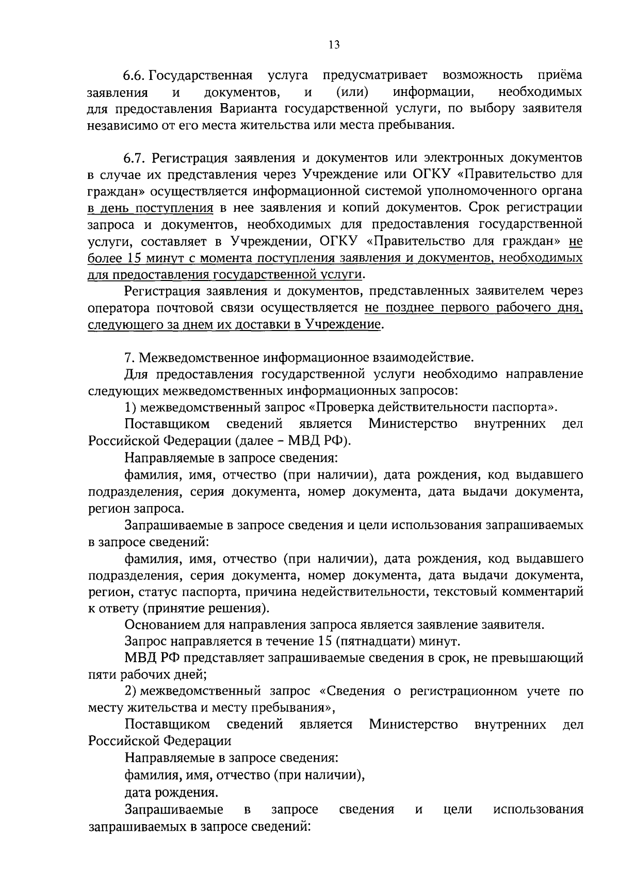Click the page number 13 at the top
pos(334,45)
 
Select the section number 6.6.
pos(135,76)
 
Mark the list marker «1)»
pos(130,407)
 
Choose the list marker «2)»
pos(130,692)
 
